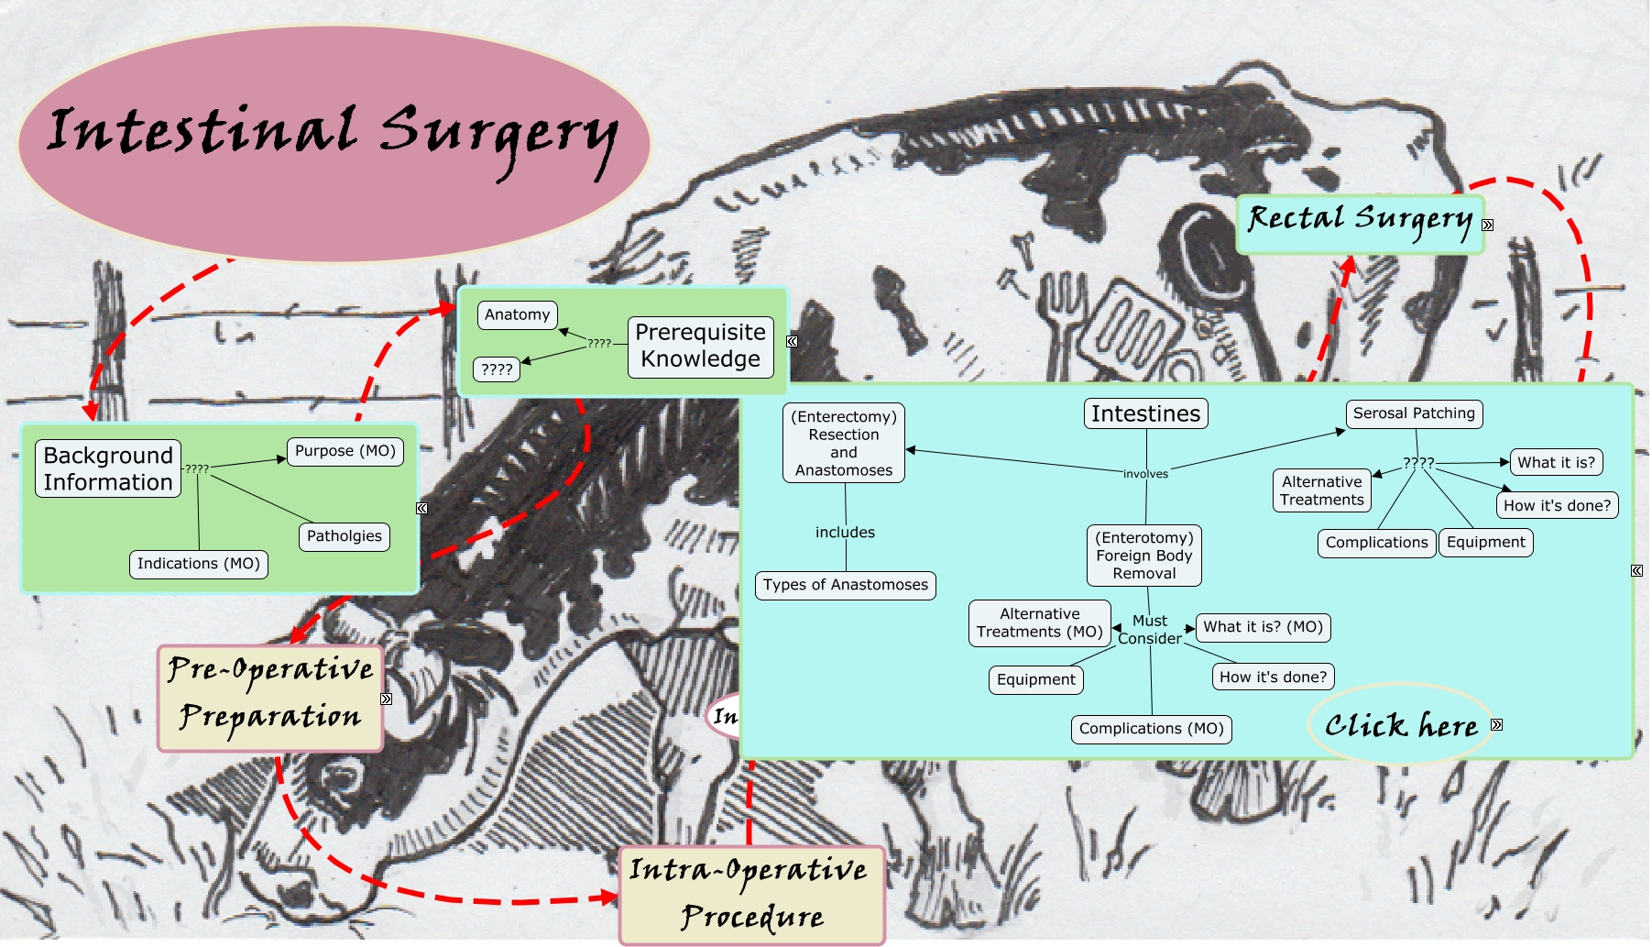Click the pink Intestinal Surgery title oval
(334, 142)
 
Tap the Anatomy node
(517, 315)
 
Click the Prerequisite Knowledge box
(700, 347)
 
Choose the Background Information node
(108, 469)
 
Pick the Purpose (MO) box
(345, 452)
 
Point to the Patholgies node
(344, 536)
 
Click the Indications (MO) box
(198, 564)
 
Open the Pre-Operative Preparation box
(270, 698)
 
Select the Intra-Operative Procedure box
(752, 894)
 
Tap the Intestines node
(1145, 414)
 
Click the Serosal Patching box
(1414, 413)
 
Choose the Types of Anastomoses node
(845, 585)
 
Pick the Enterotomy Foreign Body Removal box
(1144, 556)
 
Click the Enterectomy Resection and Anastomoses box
(844, 444)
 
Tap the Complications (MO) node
(1151, 729)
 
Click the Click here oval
(1400, 725)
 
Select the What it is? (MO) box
(1263, 627)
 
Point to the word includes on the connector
(845, 533)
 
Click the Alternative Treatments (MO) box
(1039, 623)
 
